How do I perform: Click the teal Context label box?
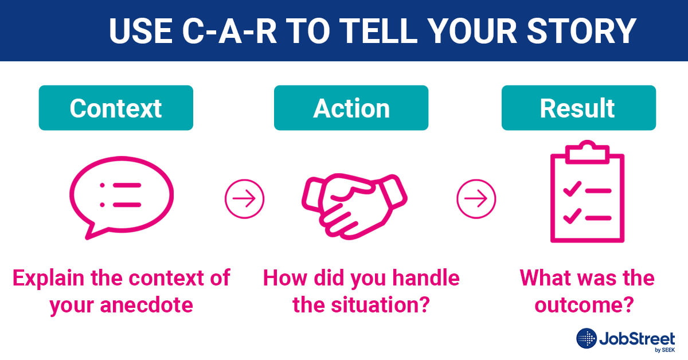116,108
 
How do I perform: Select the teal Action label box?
351,108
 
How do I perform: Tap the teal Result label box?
578,108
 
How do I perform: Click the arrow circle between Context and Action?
244,199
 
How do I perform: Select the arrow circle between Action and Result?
476,199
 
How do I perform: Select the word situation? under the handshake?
381,305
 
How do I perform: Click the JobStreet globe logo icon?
587,339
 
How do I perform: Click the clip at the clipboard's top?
587,151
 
